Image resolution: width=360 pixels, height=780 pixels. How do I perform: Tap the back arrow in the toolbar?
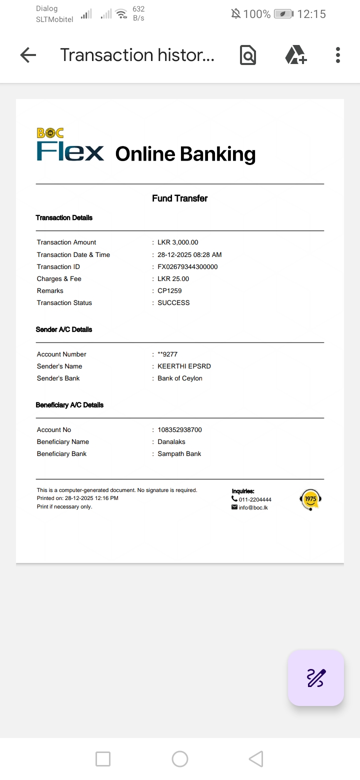click(28, 55)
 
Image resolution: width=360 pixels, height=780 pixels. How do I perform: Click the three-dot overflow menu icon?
click(338, 55)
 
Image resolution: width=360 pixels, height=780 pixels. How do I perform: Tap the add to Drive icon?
click(295, 55)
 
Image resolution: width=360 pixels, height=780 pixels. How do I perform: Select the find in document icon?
click(248, 55)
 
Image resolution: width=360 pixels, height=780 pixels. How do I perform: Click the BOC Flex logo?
click(70, 145)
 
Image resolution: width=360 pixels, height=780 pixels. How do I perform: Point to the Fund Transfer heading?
click(179, 198)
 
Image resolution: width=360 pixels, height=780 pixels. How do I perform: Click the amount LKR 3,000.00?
click(177, 242)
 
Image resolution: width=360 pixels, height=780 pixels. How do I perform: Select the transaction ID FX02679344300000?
click(187, 267)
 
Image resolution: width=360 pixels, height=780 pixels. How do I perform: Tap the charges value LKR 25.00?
click(173, 279)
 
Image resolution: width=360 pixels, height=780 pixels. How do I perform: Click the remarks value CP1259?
click(169, 291)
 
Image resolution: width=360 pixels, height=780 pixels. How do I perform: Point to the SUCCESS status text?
click(173, 303)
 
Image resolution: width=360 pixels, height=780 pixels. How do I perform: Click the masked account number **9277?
click(167, 354)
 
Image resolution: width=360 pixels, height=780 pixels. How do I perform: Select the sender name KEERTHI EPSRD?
click(184, 366)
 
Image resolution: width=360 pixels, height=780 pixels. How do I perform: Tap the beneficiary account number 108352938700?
click(179, 430)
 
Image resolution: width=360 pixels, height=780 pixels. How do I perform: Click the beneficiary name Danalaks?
click(171, 442)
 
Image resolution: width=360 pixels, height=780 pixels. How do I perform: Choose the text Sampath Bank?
click(179, 454)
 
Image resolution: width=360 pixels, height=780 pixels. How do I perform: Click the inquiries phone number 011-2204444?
click(255, 499)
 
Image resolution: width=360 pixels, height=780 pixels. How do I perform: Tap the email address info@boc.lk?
click(253, 507)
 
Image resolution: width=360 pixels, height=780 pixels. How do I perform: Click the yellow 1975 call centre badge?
click(310, 499)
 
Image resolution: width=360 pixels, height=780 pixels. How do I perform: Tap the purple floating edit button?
click(316, 678)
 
